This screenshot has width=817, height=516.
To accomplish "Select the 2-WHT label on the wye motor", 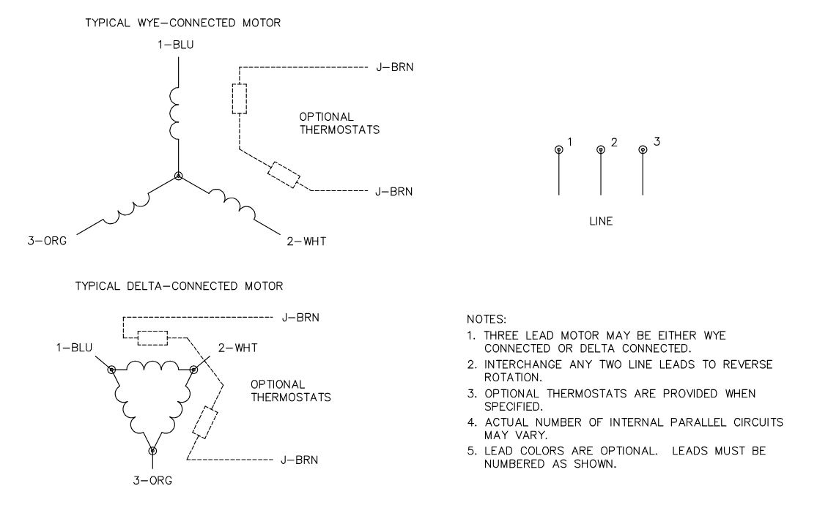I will click(303, 240).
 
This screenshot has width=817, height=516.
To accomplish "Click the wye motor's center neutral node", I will click(178, 176).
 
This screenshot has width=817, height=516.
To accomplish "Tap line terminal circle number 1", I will click(559, 149).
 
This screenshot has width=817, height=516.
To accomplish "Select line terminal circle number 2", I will click(601, 149).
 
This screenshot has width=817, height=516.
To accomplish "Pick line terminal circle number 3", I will click(643, 149).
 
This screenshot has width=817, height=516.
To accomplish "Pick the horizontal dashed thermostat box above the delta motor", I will click(152, 337).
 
